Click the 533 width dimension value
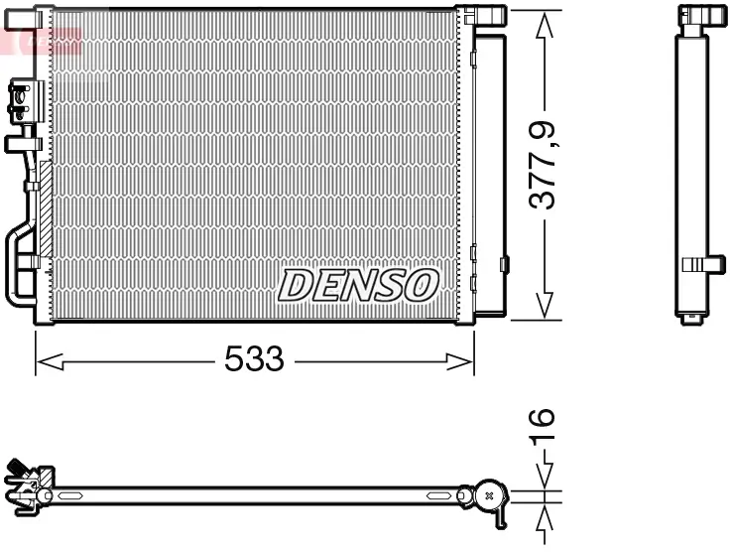[254, 359]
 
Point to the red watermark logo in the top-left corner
[40, 40]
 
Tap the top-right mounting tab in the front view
[484, 14]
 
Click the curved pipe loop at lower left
[20, 263]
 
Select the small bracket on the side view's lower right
[705, 263]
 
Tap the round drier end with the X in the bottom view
[489, 493]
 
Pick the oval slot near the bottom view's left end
[73, 493]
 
